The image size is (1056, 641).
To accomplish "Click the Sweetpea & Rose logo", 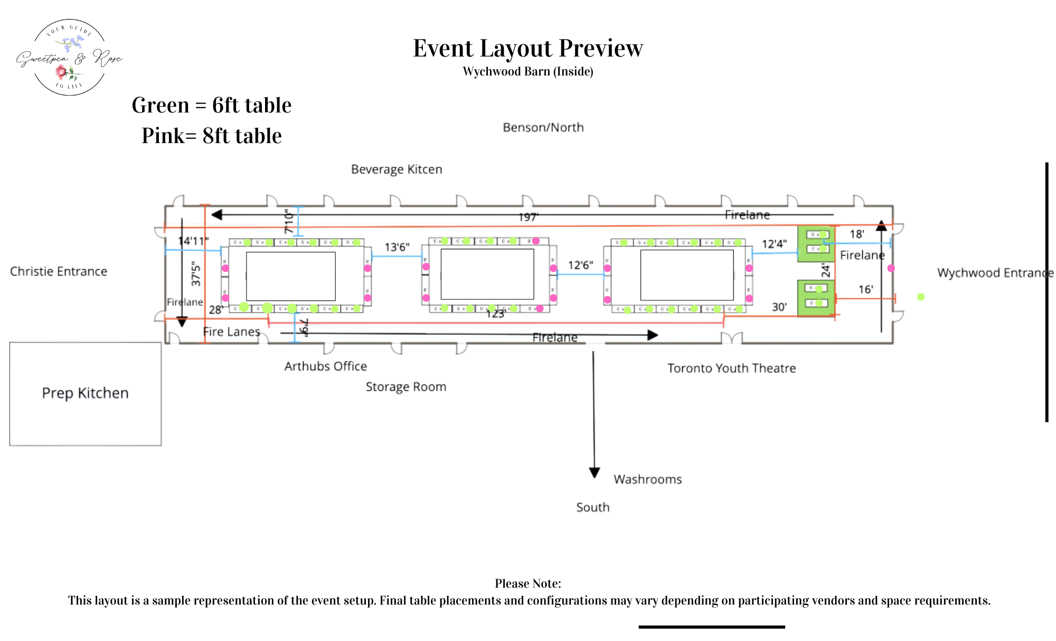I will (x=69, y=58).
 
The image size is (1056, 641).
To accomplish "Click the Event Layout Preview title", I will (x=527, y=49).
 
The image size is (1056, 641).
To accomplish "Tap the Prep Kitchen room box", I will (x=85, y=393).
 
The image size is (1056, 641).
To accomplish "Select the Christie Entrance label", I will (x=59, y=271).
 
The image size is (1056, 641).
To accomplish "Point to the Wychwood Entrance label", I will (x=995, y=273).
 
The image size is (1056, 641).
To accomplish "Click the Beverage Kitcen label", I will (x=397, y=169).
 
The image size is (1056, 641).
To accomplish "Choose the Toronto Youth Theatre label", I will (x=731, y=368).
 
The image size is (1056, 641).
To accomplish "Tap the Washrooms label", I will (x=647, y=479).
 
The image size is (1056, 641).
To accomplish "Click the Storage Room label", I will (x=406, y=387).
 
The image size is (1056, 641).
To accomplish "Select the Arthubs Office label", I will (x=325, y=366).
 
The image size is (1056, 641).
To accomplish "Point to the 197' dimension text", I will (x=528, y=217).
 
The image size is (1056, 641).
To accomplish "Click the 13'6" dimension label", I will (x=397, y=247).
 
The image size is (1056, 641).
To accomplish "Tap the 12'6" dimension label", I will (x=580, y=265).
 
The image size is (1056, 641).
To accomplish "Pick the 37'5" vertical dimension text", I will (x=196, y=274).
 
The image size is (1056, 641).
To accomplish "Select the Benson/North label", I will (x=543, y=128).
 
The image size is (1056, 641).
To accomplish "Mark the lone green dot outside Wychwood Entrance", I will (x=921, y=297).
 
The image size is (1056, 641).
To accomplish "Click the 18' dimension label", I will (x=856, y=234).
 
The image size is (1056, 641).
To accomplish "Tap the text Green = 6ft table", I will (x=211, y=106).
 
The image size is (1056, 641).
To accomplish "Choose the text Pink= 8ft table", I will (x=211, y=136).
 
